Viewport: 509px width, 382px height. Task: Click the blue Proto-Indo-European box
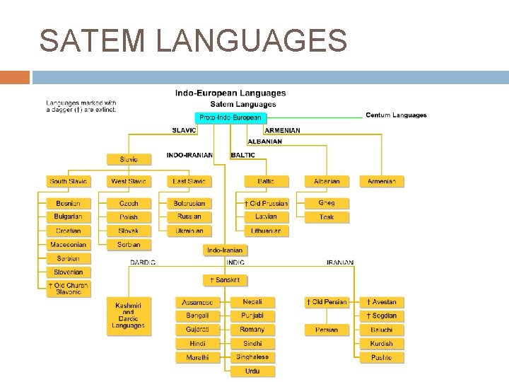230,117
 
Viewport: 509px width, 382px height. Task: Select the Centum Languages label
396,115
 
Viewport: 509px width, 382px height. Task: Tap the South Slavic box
68,182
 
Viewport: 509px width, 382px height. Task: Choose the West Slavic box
129,182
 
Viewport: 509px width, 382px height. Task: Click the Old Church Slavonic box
68,289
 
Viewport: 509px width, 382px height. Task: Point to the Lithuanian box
266,231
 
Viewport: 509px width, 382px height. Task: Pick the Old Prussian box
266,204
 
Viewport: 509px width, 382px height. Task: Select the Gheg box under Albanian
327,203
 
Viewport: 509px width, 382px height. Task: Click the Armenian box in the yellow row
382,182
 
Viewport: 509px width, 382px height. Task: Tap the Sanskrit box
224,280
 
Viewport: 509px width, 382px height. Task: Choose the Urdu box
252,371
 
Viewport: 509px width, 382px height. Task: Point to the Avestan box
382,302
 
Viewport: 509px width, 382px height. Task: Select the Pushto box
382,358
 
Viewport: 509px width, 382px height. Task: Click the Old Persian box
327,302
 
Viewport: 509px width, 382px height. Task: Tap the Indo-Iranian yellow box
224,250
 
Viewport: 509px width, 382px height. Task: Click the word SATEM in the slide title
93,40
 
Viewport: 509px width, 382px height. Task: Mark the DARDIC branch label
144,262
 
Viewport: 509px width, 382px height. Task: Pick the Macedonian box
68,245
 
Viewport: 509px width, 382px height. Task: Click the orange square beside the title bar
15,77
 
